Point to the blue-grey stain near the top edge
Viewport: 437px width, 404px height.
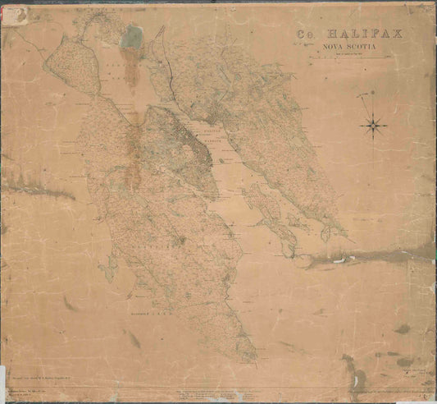click(130, 37)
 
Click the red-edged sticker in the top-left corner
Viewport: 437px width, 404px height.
click(14, 16)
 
